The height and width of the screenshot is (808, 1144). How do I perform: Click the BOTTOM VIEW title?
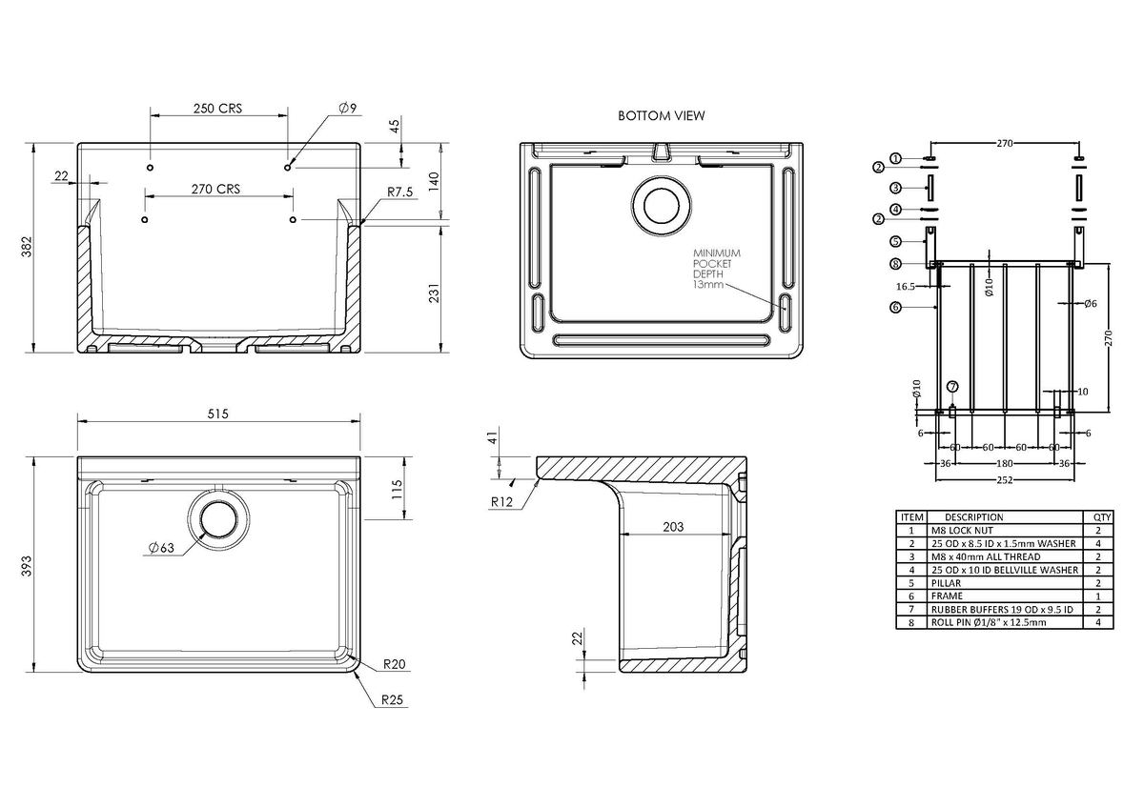coord(661,116)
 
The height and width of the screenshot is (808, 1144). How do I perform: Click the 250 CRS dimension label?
coord(217,108)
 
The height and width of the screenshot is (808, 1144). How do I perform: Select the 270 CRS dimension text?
coord(214,189)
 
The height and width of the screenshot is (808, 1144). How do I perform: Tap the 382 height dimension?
coord(27,249)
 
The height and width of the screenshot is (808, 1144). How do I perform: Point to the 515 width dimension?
coord(219,414)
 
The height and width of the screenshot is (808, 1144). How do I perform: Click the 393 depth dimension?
coord(27,566)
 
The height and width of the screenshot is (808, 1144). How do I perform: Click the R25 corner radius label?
coord(392,700)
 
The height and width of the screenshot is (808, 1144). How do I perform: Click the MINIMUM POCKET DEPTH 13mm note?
coord(716,268)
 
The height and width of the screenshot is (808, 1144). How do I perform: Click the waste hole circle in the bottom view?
coord(658,204)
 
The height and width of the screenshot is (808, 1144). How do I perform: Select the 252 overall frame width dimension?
coord(1005,479)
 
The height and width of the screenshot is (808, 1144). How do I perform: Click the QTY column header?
coord(1096,516)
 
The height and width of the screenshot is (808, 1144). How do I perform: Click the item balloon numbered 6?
coord(895,307)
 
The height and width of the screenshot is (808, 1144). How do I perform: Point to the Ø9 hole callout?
coord(346,109)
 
